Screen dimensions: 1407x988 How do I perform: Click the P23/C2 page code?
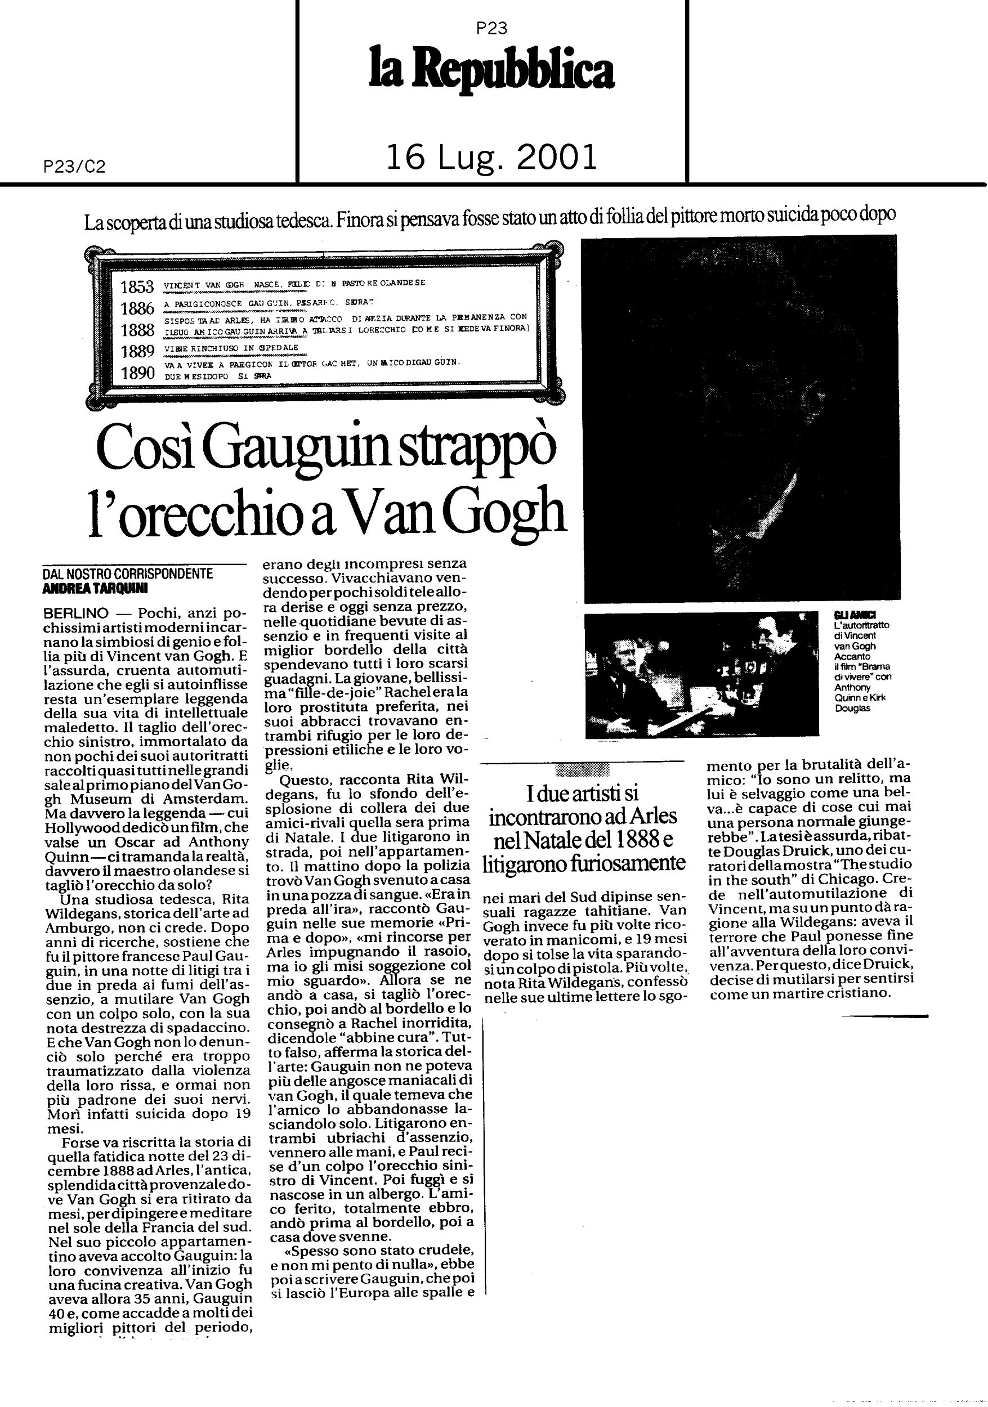pos(75,167)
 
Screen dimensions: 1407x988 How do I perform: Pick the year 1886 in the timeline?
pos(137,308)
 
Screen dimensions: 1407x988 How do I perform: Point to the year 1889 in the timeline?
pos(137,351)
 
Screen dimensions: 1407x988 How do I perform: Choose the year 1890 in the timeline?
pos(137,373)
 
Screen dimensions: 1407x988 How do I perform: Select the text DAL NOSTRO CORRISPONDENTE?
pos(127,574)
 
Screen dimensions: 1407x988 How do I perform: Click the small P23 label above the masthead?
pos(491,28)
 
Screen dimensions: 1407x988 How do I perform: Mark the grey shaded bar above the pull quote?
pos(582,770)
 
